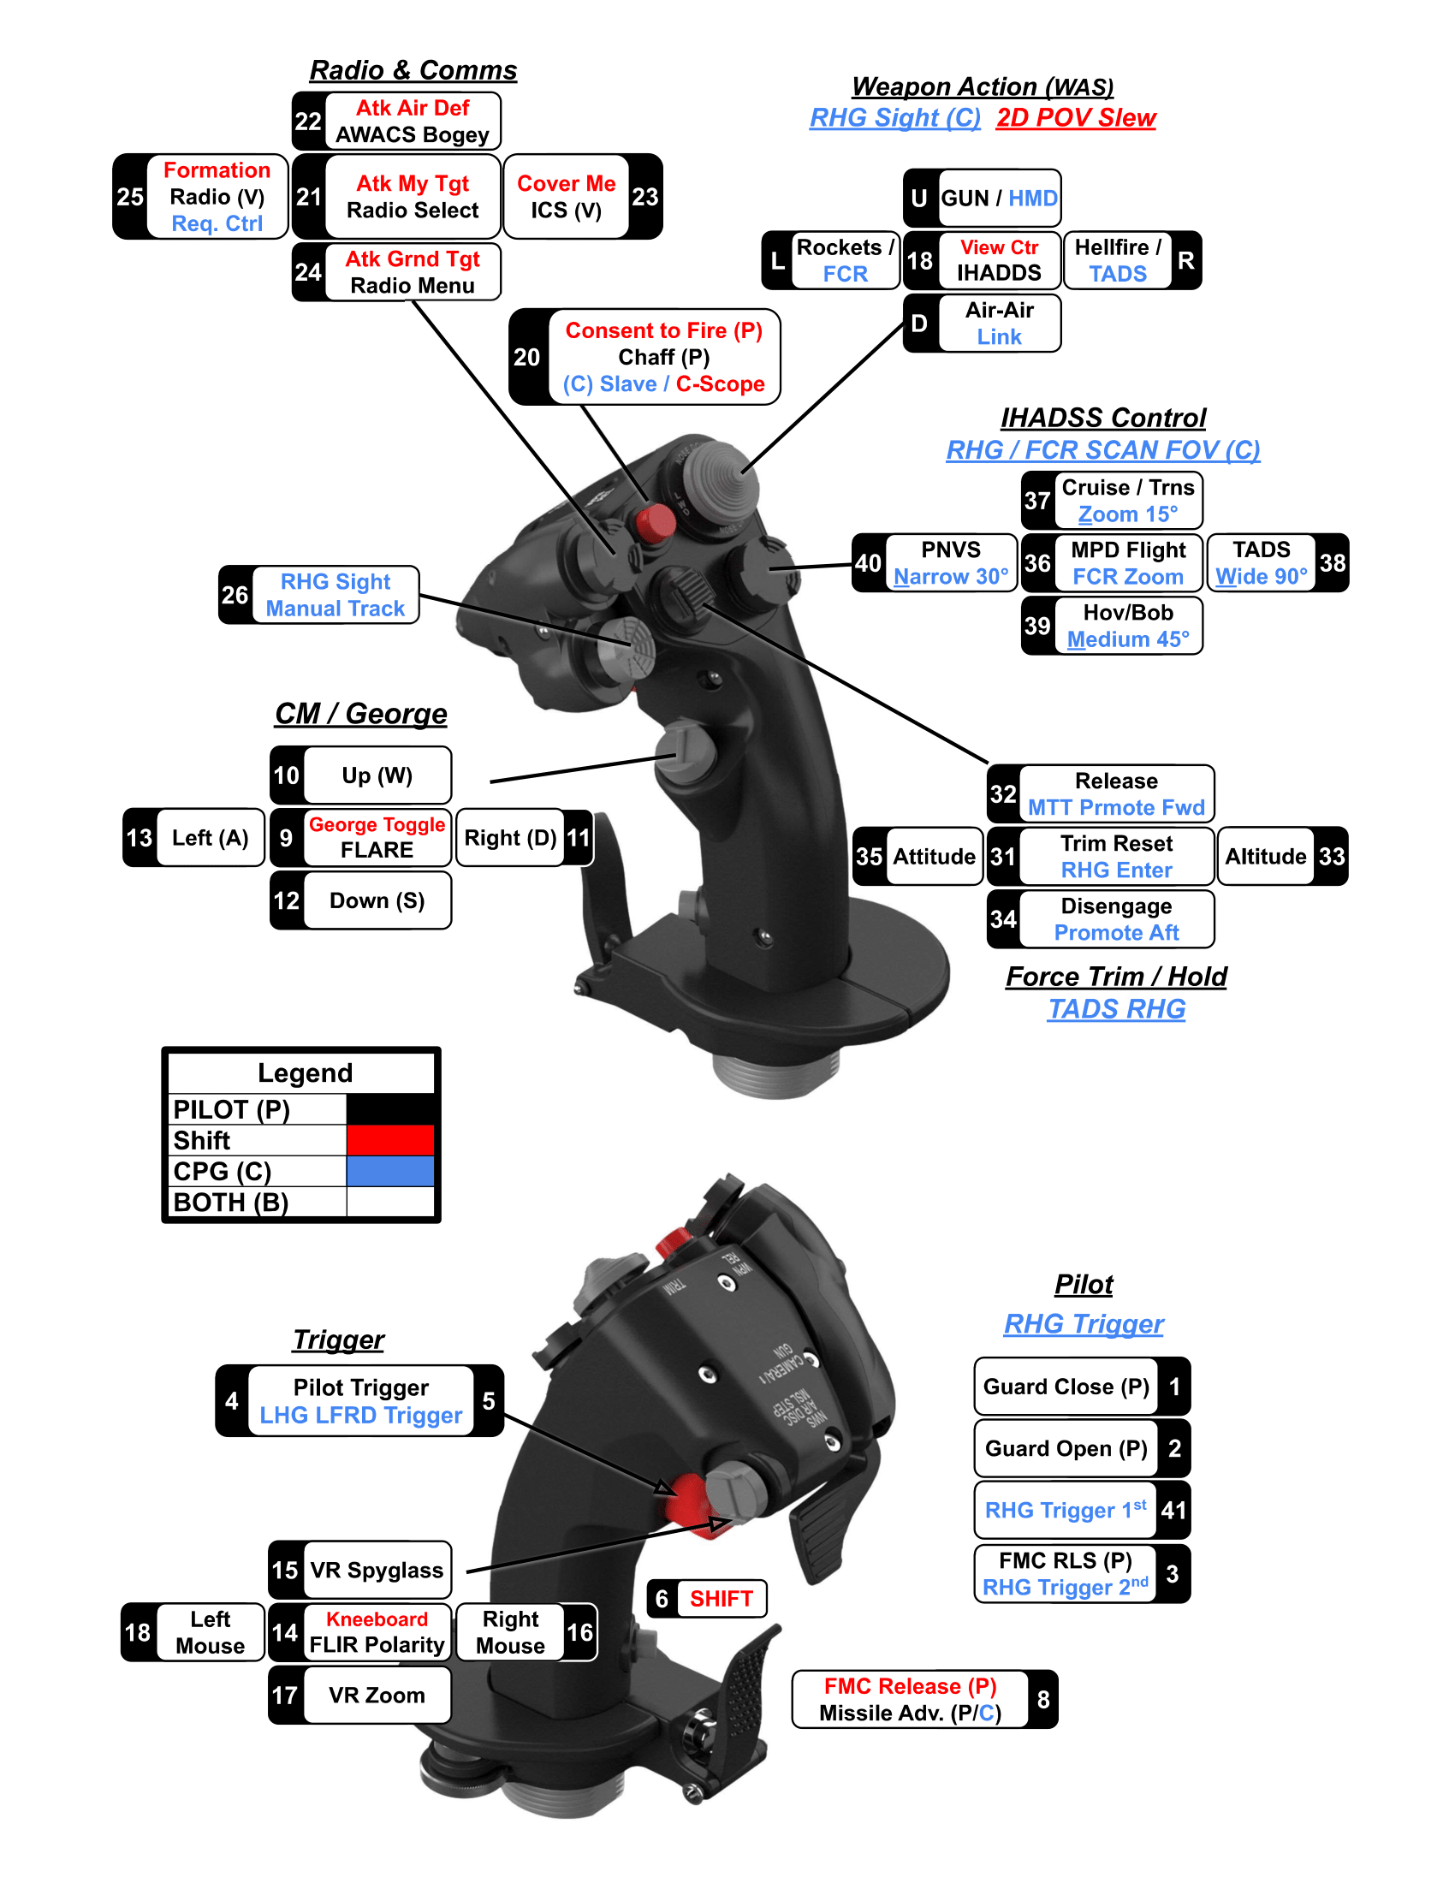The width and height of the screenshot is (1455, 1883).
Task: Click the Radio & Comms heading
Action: (x=413, y=70)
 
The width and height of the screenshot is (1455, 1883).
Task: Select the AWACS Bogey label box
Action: (x=412, y=122)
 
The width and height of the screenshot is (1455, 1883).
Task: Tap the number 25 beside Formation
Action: (x=130, y=197)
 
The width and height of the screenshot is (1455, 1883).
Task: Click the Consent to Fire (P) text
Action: (x=662, y=331)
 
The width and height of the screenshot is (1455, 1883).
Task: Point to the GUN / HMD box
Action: (x=998, y=199)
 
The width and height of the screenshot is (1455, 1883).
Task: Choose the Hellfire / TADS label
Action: (x=1117, y=260)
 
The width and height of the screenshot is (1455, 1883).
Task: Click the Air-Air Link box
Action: (x=998, y=324)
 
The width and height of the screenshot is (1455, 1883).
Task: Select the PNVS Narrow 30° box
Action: (x=950, y=563)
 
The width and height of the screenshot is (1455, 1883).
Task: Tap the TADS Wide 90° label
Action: (x=1260, y=563)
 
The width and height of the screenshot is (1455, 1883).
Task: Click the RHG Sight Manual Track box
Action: (x=335, y=595)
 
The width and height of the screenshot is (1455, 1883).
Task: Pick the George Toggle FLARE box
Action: (x=377, y=837)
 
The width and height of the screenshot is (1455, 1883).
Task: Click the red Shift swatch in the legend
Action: (x=389, y=1140)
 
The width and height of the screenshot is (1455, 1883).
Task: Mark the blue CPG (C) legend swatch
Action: (x=389, y=1171)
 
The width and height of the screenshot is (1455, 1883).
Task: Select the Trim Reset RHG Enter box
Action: (x=1115, y=856)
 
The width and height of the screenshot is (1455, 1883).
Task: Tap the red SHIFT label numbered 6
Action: (x=721, y=1600)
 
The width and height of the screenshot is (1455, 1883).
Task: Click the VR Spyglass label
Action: (x=377, y=1570)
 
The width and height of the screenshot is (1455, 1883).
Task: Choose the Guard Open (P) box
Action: (x=1066, y=1448)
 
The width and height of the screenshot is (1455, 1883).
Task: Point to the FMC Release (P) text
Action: (x=909, y=1685)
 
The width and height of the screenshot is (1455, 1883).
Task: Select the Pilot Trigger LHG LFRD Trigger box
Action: (x=360, y=1401)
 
